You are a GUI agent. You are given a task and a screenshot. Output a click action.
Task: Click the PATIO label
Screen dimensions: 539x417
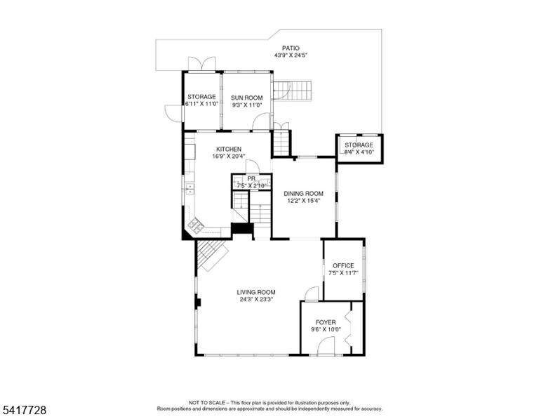tap(291, 48)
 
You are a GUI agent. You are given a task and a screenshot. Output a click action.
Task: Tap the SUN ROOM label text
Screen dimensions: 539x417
tap(246, 98)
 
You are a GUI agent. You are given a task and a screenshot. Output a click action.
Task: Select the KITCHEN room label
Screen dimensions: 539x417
tap(229, 150)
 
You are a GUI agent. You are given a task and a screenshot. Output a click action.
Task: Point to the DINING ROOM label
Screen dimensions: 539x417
tap(303, 194)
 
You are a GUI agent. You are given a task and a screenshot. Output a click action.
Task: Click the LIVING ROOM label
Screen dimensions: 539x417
tap(256, 292)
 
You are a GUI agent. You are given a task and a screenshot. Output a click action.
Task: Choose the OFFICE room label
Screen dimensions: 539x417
tap(343, 266)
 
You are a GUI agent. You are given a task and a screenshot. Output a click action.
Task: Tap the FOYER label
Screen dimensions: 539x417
tap(326, 322)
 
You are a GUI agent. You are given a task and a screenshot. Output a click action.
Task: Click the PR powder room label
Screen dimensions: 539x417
tap(251, 179)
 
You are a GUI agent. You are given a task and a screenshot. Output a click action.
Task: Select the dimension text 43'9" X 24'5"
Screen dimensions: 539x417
tap(291, 55)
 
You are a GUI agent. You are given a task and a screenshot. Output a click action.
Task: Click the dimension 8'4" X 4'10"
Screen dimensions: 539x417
tap(359, 152)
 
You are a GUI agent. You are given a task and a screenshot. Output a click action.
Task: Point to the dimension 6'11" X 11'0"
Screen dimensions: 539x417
tap(202, 104)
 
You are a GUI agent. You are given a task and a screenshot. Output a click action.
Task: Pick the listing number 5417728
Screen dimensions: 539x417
tap(24, 410)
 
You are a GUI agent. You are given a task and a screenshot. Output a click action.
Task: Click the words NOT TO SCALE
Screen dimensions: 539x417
tap(206, 402)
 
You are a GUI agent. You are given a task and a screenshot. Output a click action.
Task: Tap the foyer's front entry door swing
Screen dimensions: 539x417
tap(326, 345)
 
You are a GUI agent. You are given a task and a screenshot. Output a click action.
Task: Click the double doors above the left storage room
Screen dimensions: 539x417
tap(202, 64)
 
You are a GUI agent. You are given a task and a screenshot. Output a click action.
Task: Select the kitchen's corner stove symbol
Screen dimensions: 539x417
tap(196, 225)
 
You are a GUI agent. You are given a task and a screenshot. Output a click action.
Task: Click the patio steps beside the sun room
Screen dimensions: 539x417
tap(293, 91)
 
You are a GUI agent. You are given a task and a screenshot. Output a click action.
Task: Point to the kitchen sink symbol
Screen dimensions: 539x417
tap(189, 189)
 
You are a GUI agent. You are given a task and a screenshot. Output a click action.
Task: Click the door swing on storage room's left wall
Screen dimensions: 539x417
tap(173, 113)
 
